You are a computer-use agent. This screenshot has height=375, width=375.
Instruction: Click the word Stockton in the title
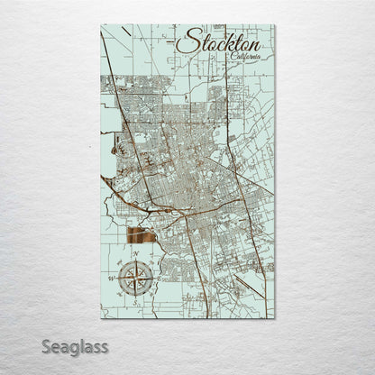point(219,42)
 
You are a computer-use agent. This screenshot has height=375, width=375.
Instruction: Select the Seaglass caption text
point(75,346)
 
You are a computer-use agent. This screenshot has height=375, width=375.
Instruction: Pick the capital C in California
point(233,57)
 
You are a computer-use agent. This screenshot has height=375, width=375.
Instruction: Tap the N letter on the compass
point(136,254)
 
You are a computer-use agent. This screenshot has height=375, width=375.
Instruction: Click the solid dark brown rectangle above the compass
point(142,238)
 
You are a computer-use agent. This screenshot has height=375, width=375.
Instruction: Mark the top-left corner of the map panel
point(100,25)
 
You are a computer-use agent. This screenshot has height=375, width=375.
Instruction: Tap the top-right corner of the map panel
point(275,25)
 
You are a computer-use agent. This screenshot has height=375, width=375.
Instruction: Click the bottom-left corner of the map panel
point(100,318)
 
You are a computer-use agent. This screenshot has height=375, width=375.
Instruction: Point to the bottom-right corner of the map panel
point(275,318)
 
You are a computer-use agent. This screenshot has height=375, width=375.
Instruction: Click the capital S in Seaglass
point(46,345)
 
